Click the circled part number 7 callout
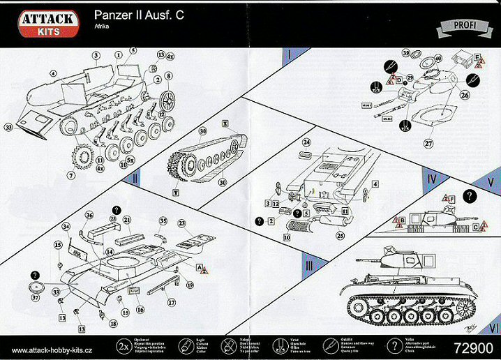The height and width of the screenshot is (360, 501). pyautogui.click(x=70, y=176)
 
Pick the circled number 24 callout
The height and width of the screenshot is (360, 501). pyautogui.click(x=306, y=142)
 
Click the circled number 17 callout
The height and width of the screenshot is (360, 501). pyautogui.click(x=170, y=303)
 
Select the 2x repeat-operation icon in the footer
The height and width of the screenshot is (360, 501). pyautogui.click(x=124, y=345)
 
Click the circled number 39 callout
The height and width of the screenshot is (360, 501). pyautogui.click(x=405, y=53)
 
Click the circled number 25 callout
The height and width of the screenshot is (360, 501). pyautogui.click(x=340, y=237)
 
